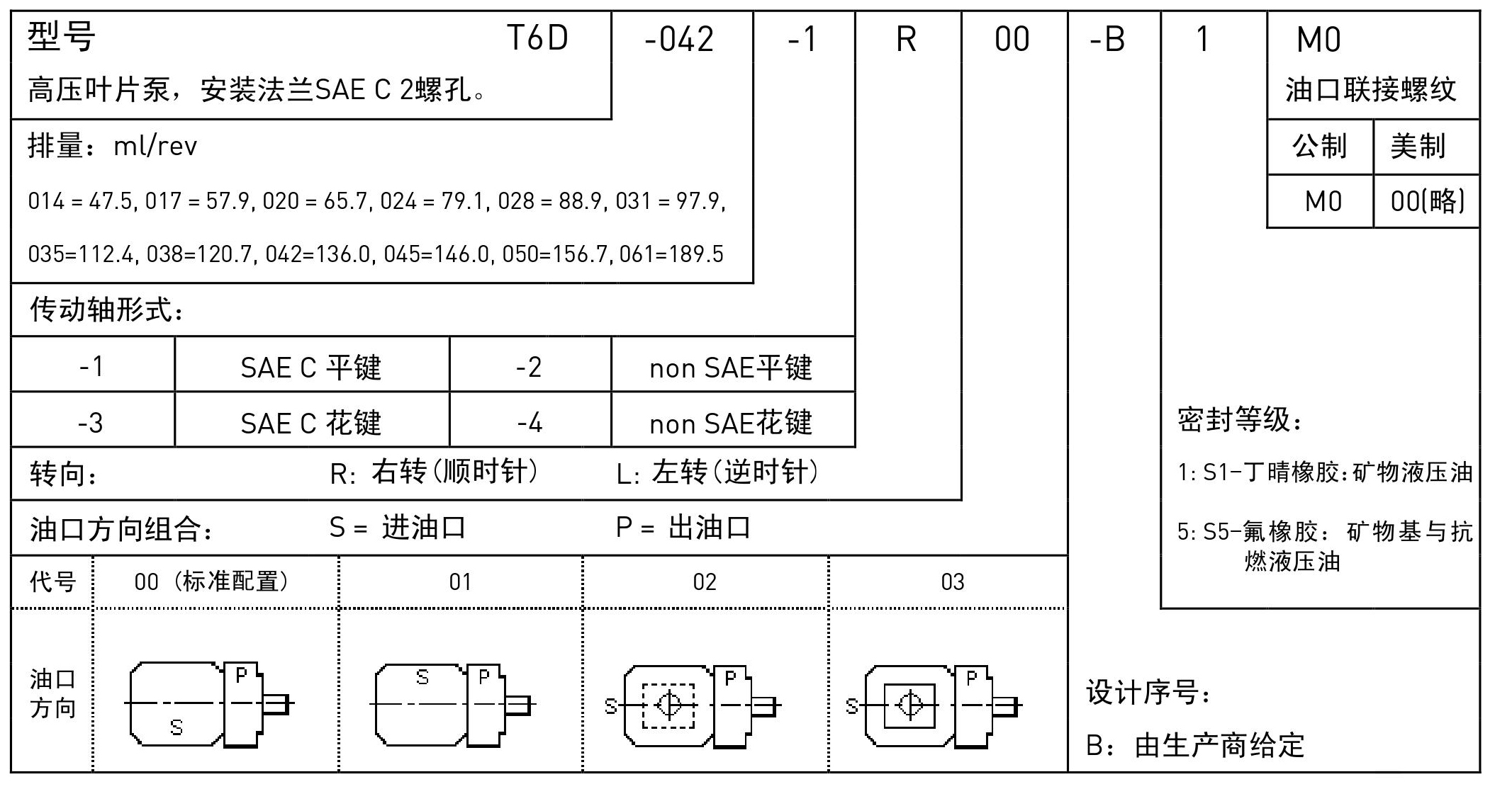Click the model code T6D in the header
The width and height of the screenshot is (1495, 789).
click(x=537, y=38)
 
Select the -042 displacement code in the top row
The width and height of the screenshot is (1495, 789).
click(x=679, y=40)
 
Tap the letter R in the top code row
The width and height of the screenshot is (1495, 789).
click(x=906, y=40)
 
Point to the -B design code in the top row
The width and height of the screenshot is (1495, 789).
click(x=1107, y=40)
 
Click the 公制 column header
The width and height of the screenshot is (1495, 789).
click(x=1319, y=146)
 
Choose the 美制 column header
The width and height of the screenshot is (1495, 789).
click(x=1418, y=146)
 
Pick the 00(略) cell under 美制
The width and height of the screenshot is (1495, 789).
click(x=1427, y=202)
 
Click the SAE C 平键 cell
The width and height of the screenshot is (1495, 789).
click(x=310, y=368)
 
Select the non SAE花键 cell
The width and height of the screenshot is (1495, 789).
click(x=731, y=424)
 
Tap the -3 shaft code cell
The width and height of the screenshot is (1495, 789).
click(x=91, y=424)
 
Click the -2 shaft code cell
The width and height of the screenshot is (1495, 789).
click(x=529, y=368)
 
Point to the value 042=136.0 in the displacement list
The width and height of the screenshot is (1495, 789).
click(x=318, y=254)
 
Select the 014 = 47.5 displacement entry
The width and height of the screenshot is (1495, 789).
click(x=79, y=202)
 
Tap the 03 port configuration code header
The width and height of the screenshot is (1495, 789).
click(x=952, y=582)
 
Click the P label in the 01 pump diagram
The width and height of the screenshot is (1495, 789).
click(x=484, y=678)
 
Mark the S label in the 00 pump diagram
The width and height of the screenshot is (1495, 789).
click(x=177, y=727)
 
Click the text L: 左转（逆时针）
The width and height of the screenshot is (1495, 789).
click(x=717, y=472)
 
